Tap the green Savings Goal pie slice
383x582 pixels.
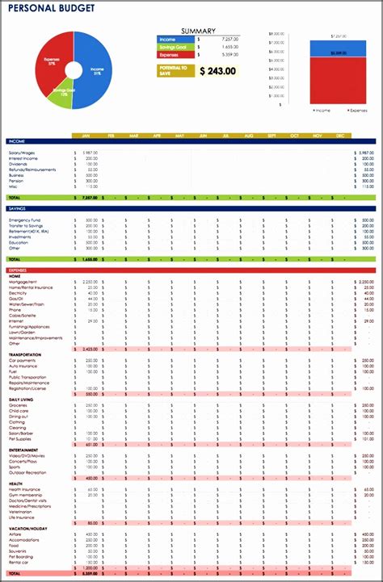tap(65, 91)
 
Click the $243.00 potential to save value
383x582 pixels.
tap(218, 71)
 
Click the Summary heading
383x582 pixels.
tap(198, 31)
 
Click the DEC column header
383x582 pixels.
tap(339, 136)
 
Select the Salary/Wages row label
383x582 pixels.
tap(22, 153)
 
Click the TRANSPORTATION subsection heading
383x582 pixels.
tap(25, 354)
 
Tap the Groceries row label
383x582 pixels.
tap(19, 405)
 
